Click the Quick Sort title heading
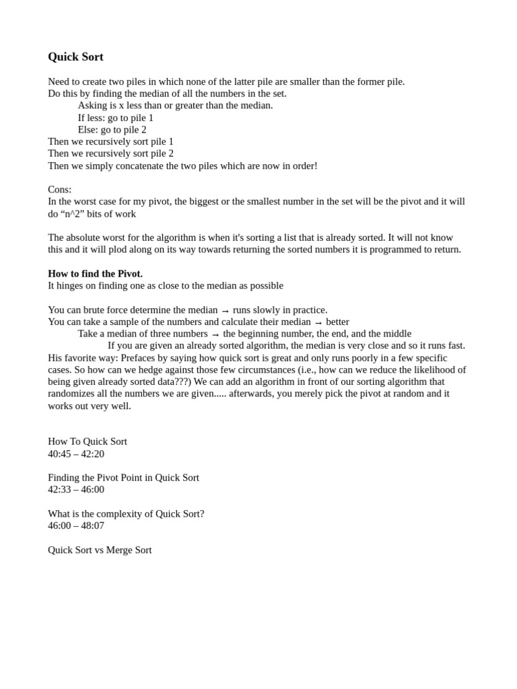coord(75,57)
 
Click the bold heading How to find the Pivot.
coord(95,273)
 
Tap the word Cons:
coord(60,189)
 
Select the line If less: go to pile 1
coord(116,117)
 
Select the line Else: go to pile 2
coord(112,129)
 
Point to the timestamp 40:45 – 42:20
coord(76,454)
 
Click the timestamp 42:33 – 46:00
coord(76,489)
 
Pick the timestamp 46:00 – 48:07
coord(76,525)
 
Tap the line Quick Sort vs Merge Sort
coord(100,550)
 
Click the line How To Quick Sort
coord(88,441)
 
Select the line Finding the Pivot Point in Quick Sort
coord(123,477)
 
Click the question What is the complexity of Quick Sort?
coord(126,513)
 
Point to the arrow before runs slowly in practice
coord(225,310)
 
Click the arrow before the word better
coord(318,322)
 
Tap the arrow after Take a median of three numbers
coord(215,334)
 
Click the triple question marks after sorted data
coord(183,382)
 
